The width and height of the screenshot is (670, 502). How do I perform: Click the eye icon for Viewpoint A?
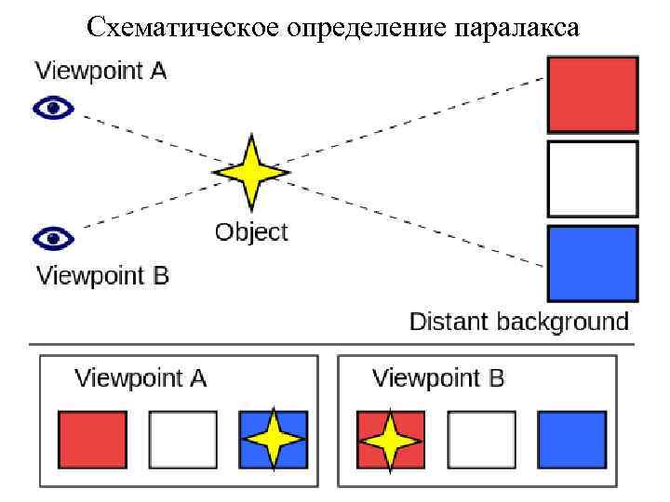pos(53,109)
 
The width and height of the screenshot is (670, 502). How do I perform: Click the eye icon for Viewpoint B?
pos(53,239)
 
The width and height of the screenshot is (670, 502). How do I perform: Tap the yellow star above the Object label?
pos(250,172)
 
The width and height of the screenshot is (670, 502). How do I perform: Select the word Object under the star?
pos(251,231)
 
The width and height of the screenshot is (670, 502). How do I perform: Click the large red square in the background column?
pos(592,95)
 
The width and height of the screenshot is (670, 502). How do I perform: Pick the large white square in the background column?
pos(592,178)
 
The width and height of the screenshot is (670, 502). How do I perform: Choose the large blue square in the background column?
pos(592,263)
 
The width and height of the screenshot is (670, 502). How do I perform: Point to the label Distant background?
pos(519,323)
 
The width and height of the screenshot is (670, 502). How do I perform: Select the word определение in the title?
pos(350,28)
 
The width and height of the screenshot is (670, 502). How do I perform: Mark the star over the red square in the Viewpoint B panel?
pos(391,440)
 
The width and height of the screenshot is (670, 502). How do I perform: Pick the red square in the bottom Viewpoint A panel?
pos(93,440)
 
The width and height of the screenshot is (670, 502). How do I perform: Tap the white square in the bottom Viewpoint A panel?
pos(183,440)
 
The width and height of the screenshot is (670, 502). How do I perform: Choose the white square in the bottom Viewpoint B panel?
pos(481,440)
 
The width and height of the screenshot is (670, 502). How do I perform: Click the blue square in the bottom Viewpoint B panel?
pos(571,440)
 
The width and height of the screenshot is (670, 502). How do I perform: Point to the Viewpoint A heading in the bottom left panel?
pos(141,378)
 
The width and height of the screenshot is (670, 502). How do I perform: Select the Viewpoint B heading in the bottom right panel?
pos(438,378)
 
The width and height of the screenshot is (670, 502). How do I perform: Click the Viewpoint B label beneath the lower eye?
pos(102,276)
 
